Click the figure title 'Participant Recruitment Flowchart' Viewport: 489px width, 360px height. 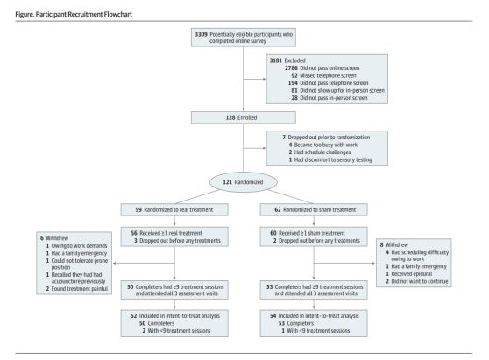[x=84, y=14]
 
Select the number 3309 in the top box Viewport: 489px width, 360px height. [x=202, y=34]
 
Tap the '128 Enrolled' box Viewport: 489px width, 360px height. [x=244, y=117]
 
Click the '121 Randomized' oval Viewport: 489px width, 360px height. [x=244, y=182]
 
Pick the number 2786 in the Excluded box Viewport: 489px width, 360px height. [x=291, y=68]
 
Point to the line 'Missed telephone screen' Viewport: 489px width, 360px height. [x=328, y=75]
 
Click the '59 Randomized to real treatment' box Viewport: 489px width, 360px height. [x=174, y=209]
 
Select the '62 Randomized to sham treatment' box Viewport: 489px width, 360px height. [x=314, y=209]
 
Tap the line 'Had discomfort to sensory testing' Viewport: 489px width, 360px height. [x=333, y=160]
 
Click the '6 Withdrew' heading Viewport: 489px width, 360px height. [x=54, y=238]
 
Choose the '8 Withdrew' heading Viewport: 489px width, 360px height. [x=393, y=244]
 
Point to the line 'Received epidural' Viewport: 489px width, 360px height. [x=412, y=273]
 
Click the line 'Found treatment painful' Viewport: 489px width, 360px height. [x=80, y=289]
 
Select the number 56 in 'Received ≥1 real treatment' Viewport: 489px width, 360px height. [x=134, y=233]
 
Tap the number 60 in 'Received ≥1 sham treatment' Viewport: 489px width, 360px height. [x=273, y=233]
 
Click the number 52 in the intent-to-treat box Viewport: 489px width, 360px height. [x=134, y=315]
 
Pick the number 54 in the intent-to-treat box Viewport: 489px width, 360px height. [x=273, y=315]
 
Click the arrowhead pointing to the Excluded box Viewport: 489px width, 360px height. [x=265, y=79]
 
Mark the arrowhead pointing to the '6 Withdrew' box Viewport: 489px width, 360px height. [x=115, y=263]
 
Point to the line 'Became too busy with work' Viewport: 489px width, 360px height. [x=326, y=145]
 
